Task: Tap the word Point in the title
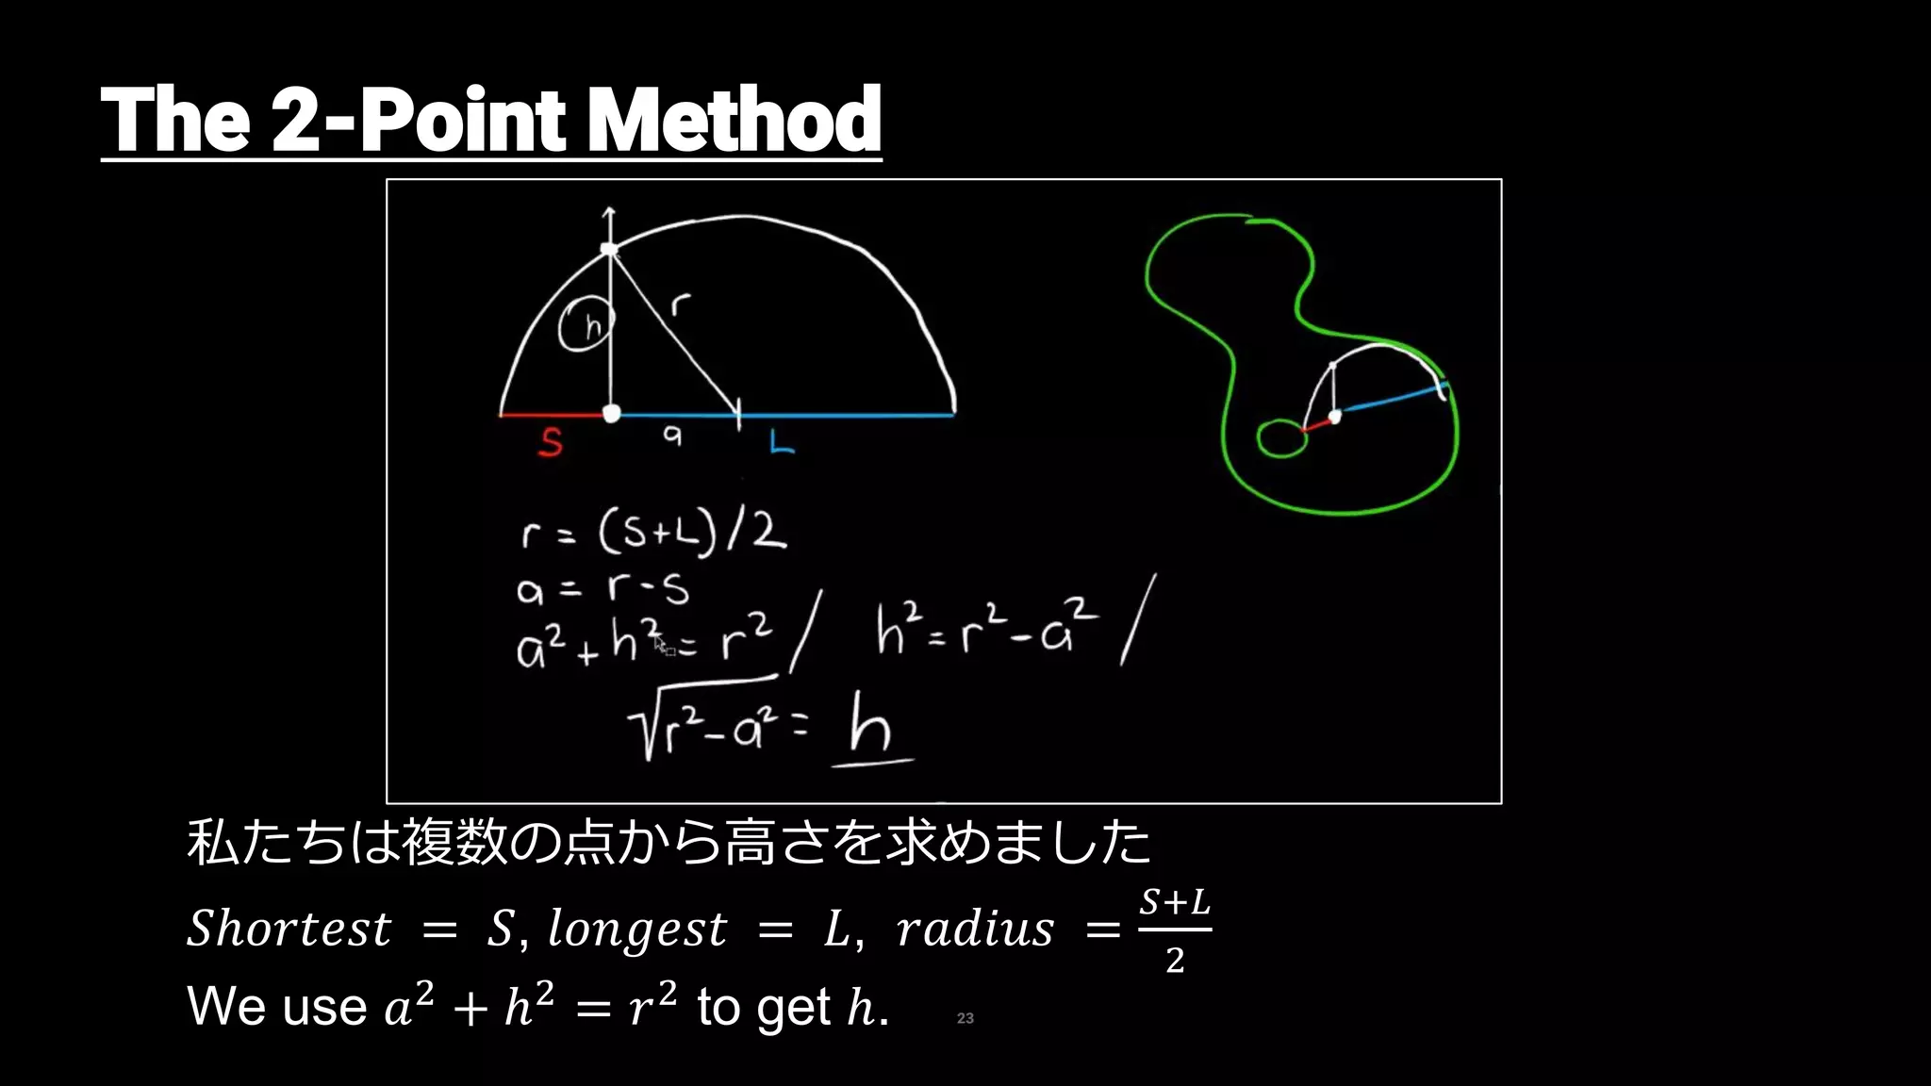tap(463, 120)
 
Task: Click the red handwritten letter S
tap(551, 442)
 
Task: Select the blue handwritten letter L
tap(781, 442)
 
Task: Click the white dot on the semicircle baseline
tap(611, 414)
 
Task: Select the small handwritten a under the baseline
tap(671, 435)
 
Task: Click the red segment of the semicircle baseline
tap(552, 414)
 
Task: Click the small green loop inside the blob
tap(1280, 437)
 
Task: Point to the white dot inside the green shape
tap(1334, 416)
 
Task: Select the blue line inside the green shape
tap(1391, 399)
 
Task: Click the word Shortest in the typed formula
tap(289, 930)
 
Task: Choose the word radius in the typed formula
tap(975, 930)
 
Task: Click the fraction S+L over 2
tap(1174, 930)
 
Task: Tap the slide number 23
tap(965, 1018)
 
